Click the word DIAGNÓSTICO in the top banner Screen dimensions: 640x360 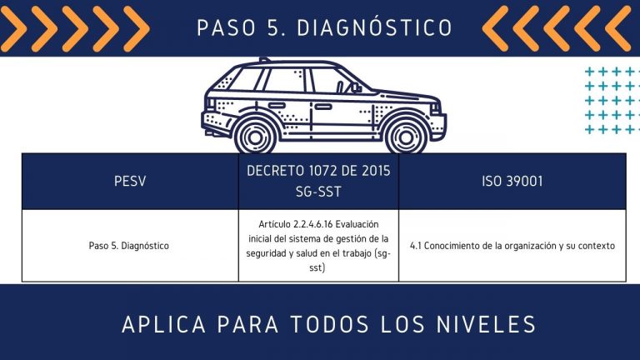coord(374,27)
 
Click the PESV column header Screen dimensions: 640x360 coord(130,181)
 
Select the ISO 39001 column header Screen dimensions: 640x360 coord(512,181)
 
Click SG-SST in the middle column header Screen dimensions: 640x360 coord(318,192)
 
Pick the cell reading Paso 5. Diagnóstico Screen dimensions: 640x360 coord(129,246)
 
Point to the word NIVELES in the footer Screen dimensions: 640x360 coord(486,324)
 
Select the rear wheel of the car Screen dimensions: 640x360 coord(256,137)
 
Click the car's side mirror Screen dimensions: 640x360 coord(356,87)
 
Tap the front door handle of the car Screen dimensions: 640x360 coord(322,107)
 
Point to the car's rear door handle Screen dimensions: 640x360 coord(277,105)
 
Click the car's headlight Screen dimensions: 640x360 coord(435,108)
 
